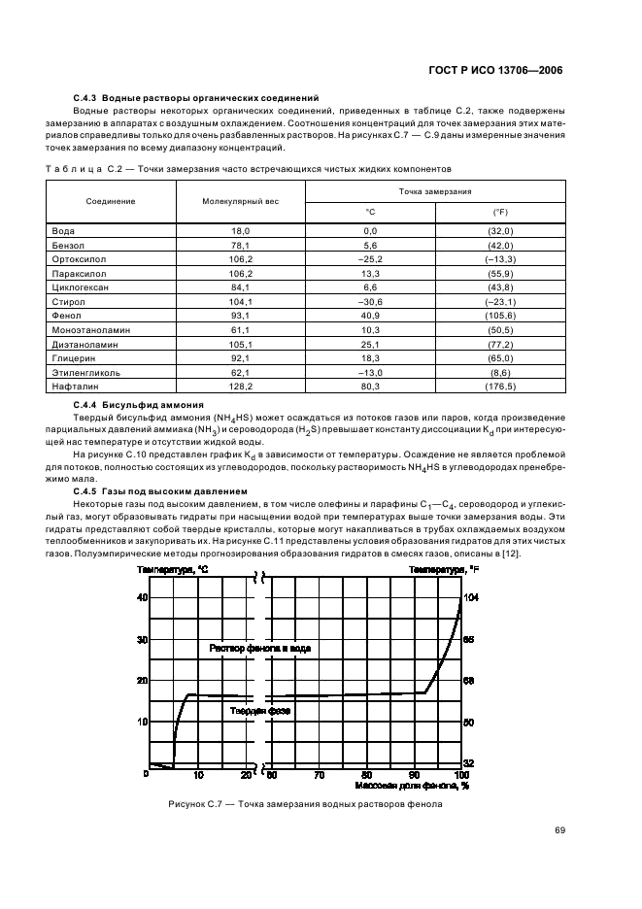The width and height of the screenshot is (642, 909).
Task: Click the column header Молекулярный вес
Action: [x=240, y=200]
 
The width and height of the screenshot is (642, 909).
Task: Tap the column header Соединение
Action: [x=111, y=200]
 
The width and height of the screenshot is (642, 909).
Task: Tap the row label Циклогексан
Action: [x=81, y=288]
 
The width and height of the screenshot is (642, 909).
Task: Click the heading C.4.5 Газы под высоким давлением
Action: [x=161, y=490]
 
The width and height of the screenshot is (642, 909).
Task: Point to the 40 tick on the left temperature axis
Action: [x=141, y=597]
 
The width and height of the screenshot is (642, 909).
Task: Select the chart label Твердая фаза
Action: [x=260, y=710]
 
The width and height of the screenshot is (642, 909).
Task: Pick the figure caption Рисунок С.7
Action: [x=305, y=804]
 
